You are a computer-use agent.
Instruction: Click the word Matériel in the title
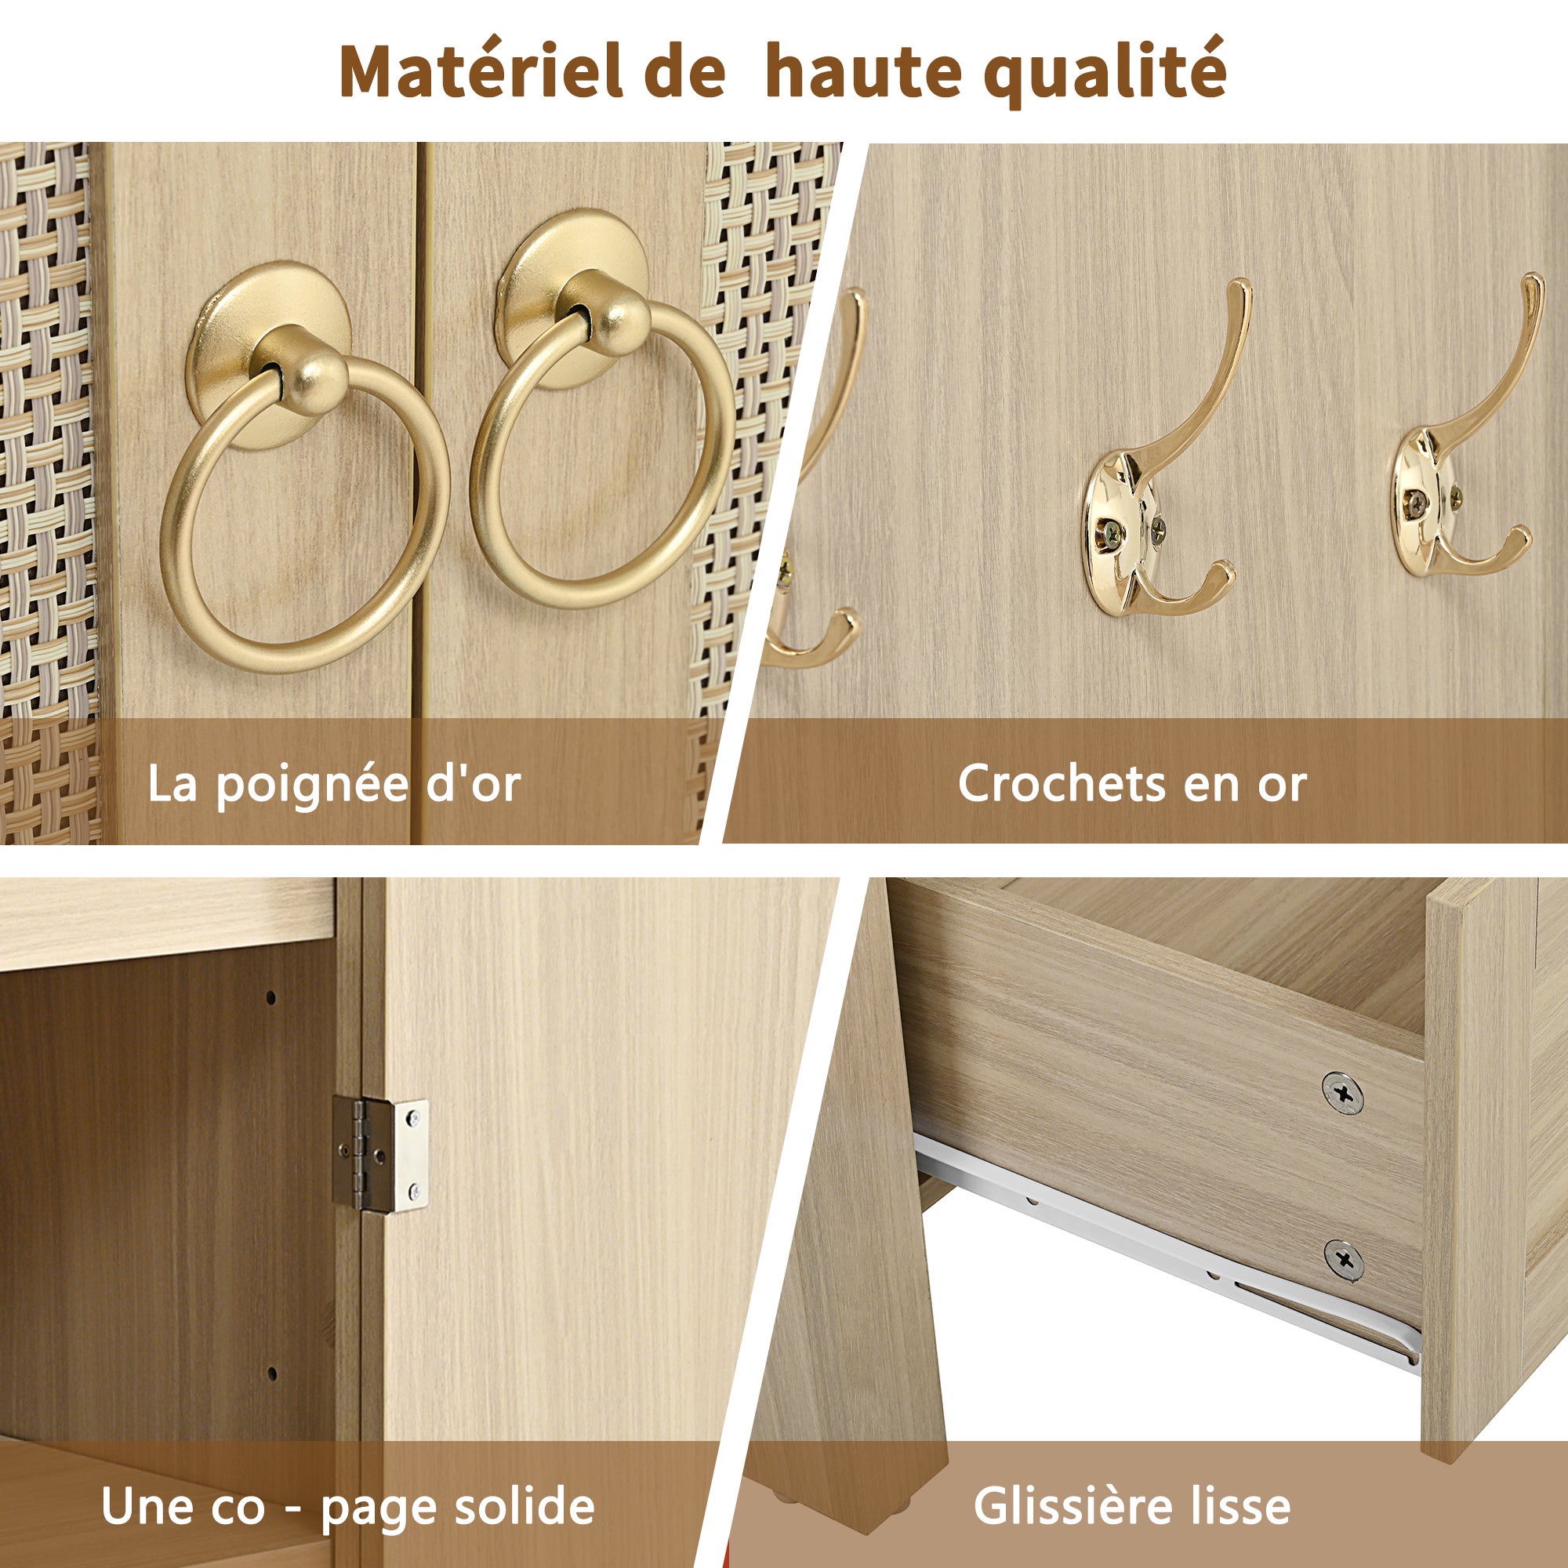click(x=480, y=72)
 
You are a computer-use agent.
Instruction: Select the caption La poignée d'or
click(x=333, y=784)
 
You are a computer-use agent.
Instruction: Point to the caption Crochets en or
click(x=1131, y=784)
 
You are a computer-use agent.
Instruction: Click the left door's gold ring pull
click(x=305, y=520)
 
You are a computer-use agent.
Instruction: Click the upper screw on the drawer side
click(x=1343, y=1093)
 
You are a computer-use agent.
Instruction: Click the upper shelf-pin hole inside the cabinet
click(x=271, y=997)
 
